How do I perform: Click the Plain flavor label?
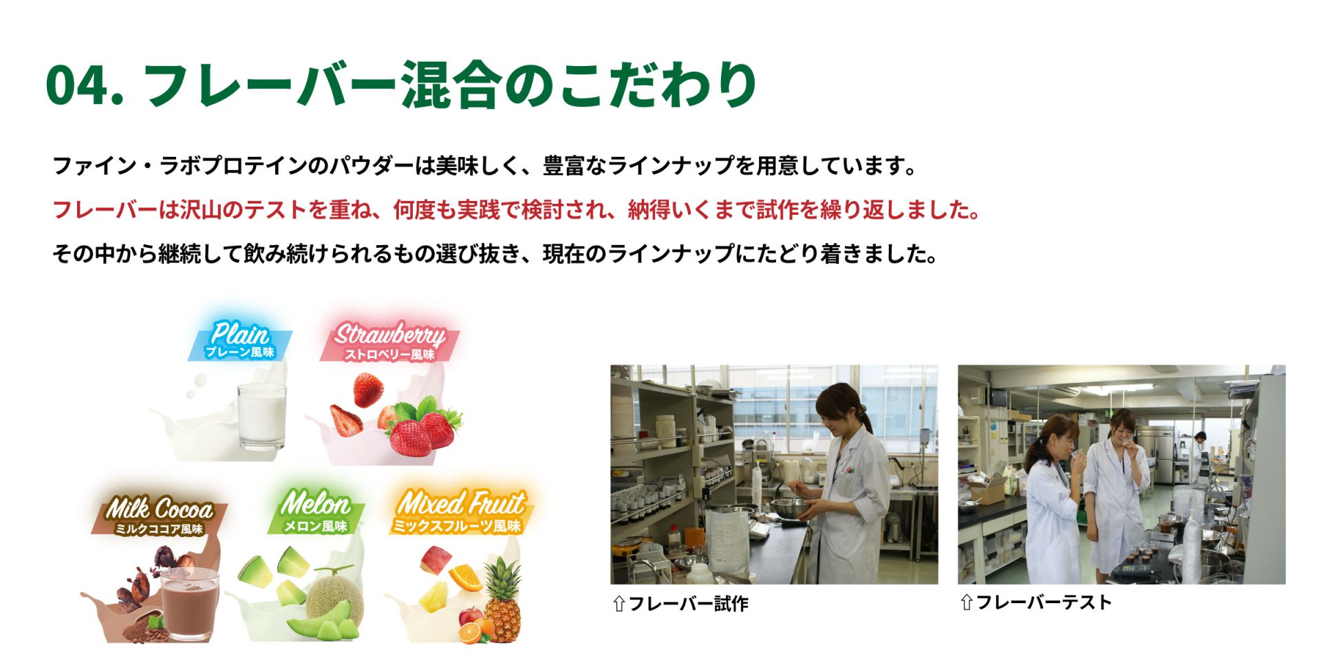click(x=240, y=340)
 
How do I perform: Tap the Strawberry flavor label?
click(x=389, y=342)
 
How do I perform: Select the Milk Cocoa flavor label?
click(x=159, y=516)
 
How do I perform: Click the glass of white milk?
click(x=261, y=417)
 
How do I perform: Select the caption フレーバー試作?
click(x=688, y=604)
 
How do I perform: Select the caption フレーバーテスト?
click(x=1044, y=602)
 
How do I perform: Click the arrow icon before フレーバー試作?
click(x=619, y=604)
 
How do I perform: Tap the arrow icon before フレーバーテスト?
click(x=966, y=602)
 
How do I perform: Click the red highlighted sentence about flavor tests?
click(x=516, y=209)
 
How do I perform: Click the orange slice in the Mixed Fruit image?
click(x=464, y=577)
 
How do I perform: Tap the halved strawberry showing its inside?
click(x=345, y=420)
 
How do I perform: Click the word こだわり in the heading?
click(x=658, y=85)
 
